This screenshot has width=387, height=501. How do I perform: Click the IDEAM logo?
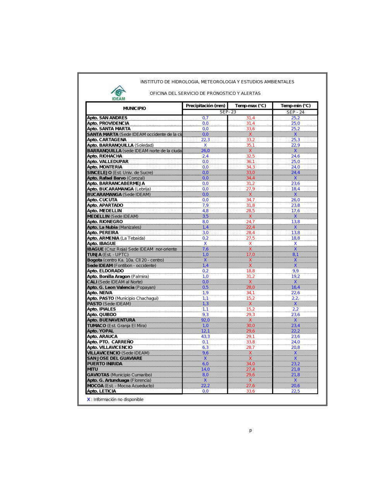pyautogui.click(x=118, y=93)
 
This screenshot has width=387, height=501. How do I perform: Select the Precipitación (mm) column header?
pyautogui.click(x=205, y=106)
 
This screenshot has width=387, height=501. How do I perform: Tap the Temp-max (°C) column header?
pyautogui.click(x=250, y=106)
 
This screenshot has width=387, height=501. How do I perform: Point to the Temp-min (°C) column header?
pyautogui.click(x=295, y=106)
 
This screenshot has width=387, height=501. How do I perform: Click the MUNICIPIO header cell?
pyautogui.click(x=134, y=108)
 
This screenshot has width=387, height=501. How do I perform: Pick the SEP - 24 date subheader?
pyautogui.click(x=295, y=112)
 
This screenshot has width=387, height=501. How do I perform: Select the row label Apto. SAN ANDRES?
pyautogui.click(x=107, y=118)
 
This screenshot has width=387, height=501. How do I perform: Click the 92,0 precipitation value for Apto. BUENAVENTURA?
pyautogui.click(x=205, y=320)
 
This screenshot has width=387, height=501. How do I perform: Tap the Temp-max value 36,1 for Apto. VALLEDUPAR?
pyautogui.click(x=250, y=162)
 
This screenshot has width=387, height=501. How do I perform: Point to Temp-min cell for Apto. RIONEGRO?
pyautogui.click(x=295, y=222)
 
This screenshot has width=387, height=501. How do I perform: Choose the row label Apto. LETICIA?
pyautogui.click(x=101, y=391)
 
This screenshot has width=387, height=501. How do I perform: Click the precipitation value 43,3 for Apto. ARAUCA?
pyautogui.click(x=205, y=337)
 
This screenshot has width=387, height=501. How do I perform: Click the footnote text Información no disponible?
pyautogui.click(x=118, y=400)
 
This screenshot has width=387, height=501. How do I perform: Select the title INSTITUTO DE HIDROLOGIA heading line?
pyautogui.click(x=217, y=82)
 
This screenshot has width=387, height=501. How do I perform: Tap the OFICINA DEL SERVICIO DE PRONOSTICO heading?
pyautogui.click(x=205, y=94)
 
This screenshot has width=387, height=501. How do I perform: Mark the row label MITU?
pyautogui.click(x=92, y=369)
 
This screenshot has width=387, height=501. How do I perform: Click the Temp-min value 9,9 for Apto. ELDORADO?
pyautogui.click(x=295, y=271)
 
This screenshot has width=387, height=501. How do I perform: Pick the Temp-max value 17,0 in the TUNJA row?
pyautogui.click(x=250, y=255)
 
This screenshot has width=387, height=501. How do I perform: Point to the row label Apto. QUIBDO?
pyautogui.click(x=102, y=315)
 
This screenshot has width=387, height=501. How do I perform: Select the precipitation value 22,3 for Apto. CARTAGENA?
pyautogui.click(x=205, y=140)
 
